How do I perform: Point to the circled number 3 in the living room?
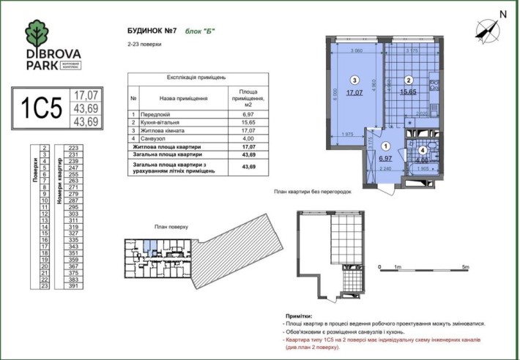coord(354,80)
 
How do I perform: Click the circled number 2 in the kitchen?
coord(410,80)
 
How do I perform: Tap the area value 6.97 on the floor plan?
coord(386,158)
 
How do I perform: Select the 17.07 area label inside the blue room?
coord(354,93)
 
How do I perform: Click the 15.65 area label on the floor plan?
coord(409,93)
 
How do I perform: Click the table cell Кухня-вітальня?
coord(165,122)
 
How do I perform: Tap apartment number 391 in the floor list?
coord(73,287)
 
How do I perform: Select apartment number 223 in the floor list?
coord(73,148)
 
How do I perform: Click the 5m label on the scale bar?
coord(466,268)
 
